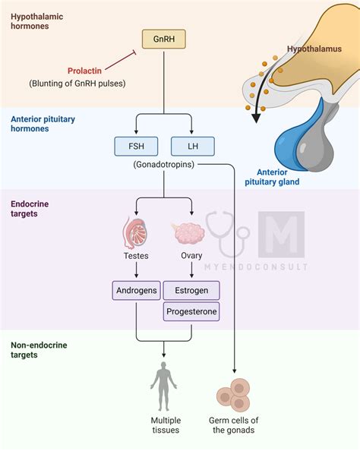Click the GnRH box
164,39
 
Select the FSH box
136,146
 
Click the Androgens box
136,290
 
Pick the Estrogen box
191,290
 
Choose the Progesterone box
191,311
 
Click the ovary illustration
190,234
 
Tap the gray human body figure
163,386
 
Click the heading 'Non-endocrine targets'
38,350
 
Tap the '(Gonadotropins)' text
163,164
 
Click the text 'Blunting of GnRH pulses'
77,83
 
